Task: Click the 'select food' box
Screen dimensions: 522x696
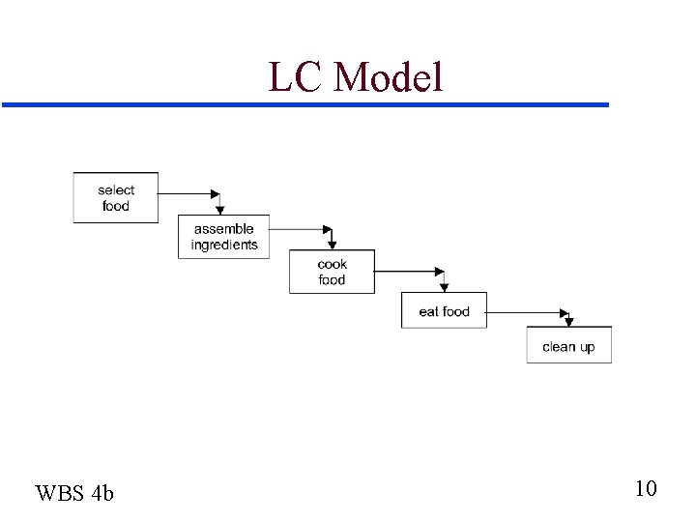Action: point(116,198)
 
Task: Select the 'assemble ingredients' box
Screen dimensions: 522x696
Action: point(224,237)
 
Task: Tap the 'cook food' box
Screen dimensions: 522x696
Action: point(332,272)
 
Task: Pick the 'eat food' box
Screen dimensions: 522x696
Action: point(444,311)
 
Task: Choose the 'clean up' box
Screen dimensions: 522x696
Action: point(568,346)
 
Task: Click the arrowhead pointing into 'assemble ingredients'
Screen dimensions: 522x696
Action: point(220,208)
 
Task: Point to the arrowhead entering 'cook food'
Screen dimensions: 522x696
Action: point(332,244)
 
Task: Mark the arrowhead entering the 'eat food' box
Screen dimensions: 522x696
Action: point(444,285)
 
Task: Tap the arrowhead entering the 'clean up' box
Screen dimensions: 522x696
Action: point(568,321)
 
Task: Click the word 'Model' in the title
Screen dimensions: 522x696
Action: point(389,77)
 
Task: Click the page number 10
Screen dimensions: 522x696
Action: point(646,488)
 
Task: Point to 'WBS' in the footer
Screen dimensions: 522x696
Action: point(60,493)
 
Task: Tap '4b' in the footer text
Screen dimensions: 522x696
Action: point(102,493)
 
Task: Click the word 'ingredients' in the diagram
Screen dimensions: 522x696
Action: point(224,246)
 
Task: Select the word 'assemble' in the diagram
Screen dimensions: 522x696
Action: point(224,229)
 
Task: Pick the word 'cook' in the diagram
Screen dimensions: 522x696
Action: point(332,264)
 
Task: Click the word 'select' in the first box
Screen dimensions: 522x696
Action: point(116,190)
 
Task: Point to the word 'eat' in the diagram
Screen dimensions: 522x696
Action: point(428,311)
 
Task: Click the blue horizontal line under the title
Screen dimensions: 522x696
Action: point(305,104)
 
